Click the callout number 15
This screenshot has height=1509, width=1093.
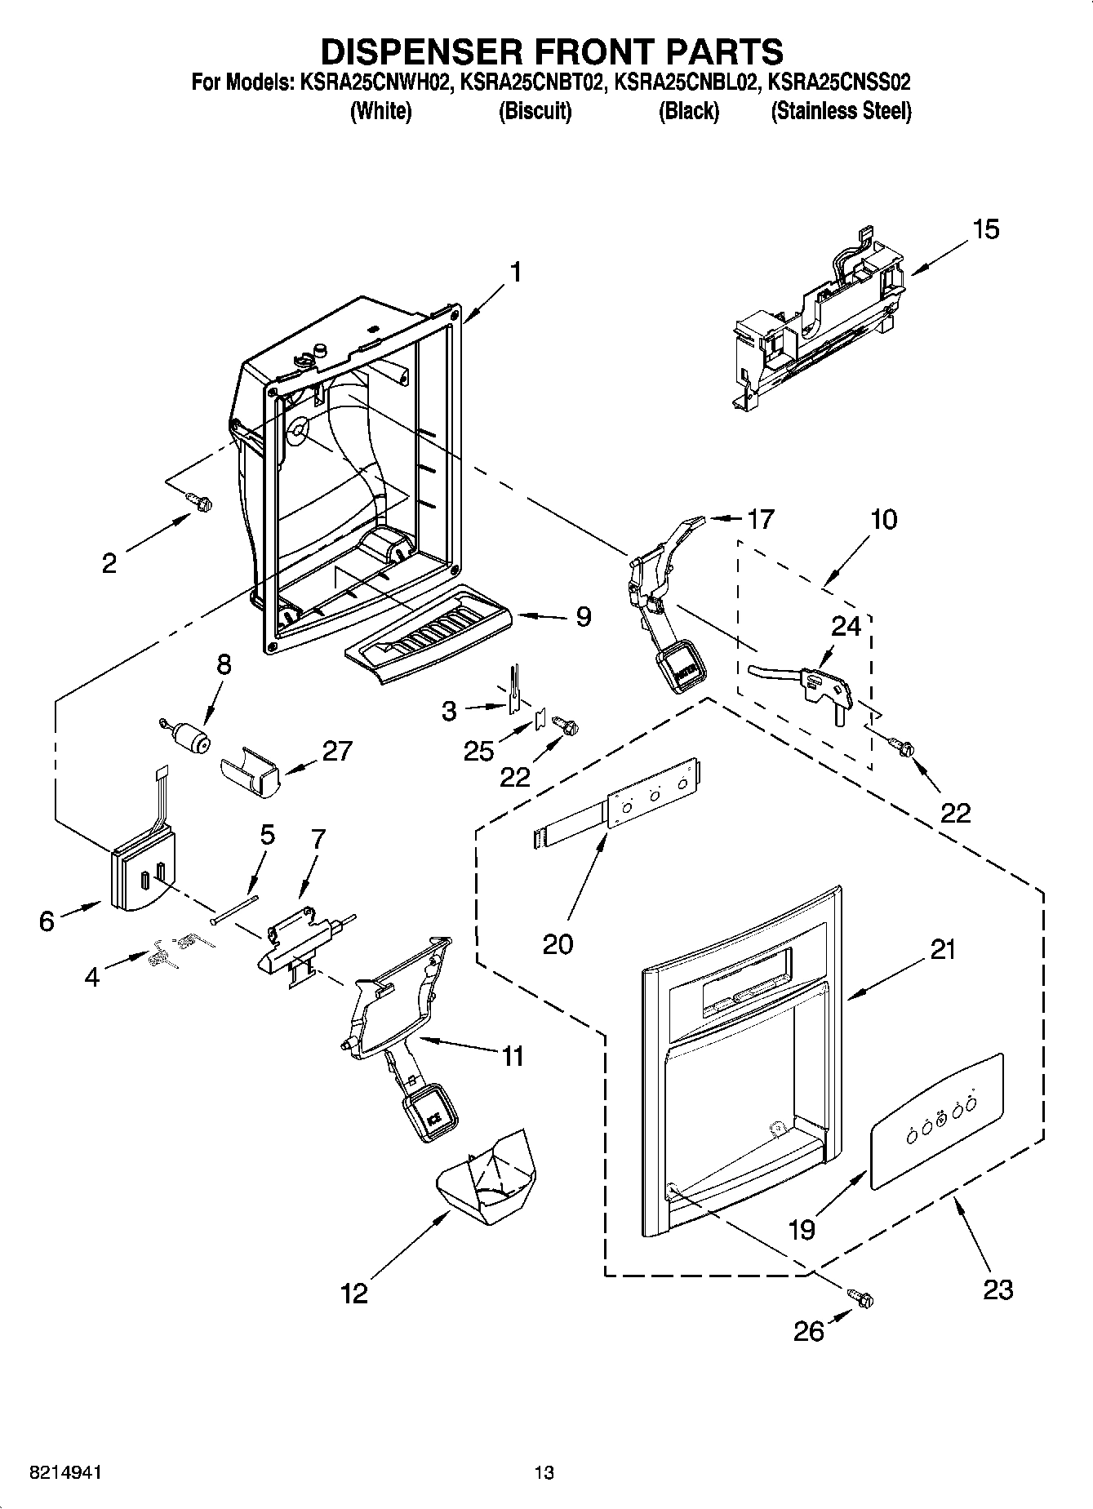[985, 229]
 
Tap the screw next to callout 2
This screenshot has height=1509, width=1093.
[197, 501]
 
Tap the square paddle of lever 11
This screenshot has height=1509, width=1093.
[430, 1112]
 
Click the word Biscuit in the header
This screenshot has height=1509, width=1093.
[535, 111]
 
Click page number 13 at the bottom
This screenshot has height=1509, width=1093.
[544, 1472]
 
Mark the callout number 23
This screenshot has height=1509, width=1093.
[997, 1289]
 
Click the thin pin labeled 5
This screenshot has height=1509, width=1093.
[233, 908]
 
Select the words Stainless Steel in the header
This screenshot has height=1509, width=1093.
[841, 111]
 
